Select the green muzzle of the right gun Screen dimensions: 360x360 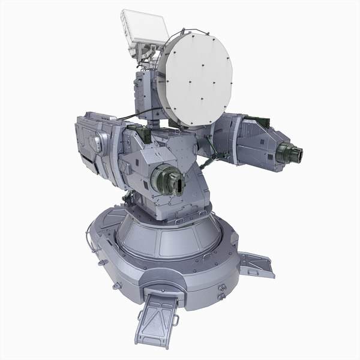293,152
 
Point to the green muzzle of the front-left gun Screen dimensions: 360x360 166,180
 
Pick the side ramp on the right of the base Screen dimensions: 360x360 254,264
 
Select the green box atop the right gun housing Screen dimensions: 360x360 255,120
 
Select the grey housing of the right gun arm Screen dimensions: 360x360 252,141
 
